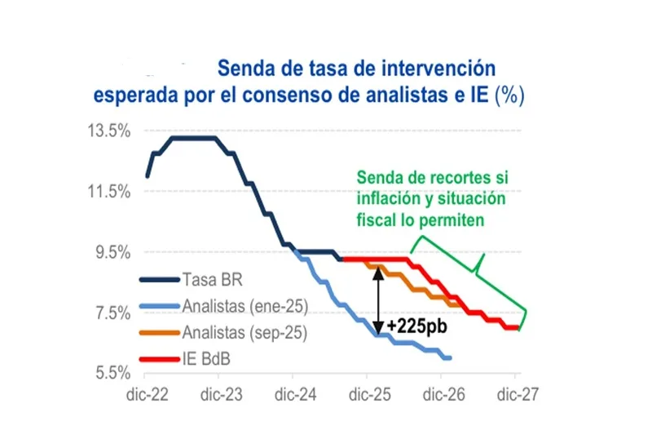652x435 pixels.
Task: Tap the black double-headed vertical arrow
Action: point(378,301)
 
